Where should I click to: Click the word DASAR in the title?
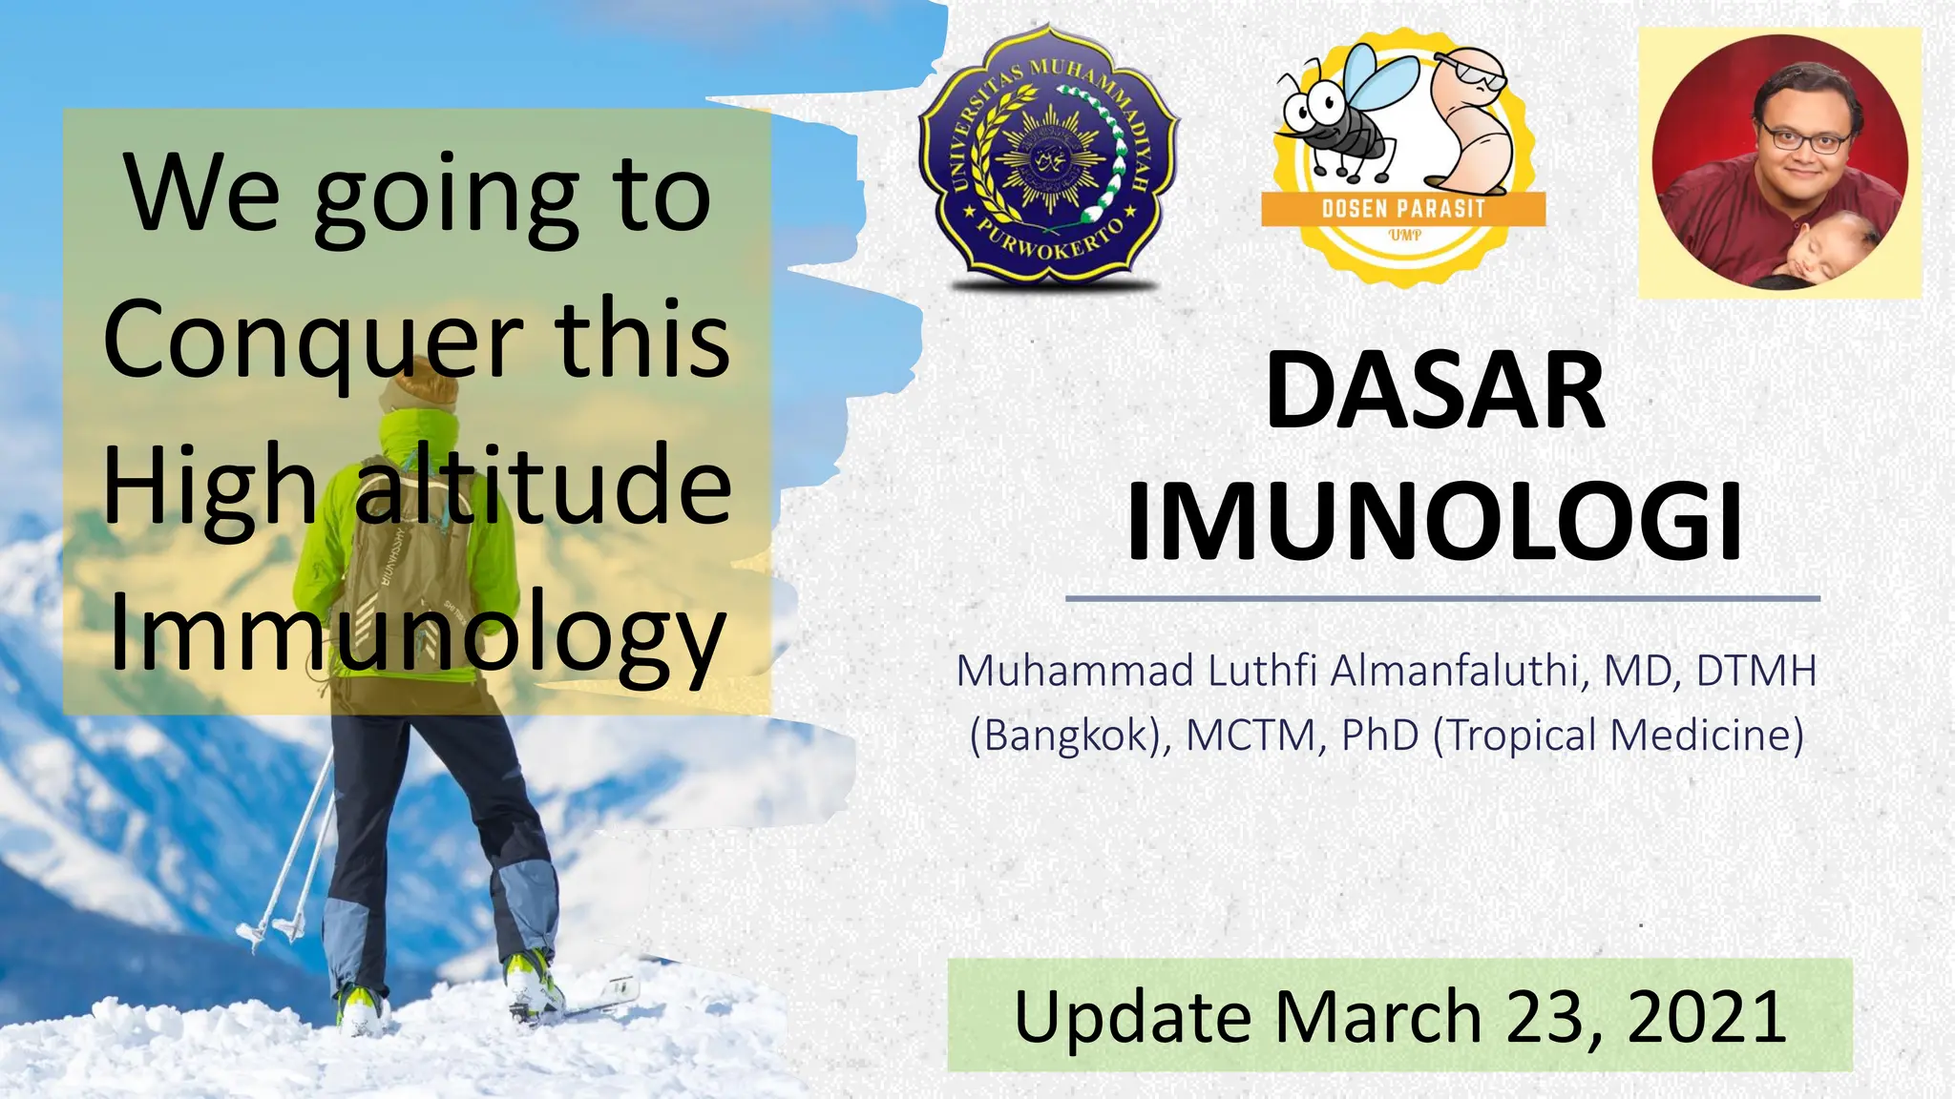click(x=1435, y=392)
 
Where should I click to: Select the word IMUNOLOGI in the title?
click(x=1435, y=524)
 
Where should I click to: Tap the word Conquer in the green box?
click(x=313, y=341)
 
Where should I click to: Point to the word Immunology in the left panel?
click(x=418, y=632)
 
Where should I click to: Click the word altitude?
click(x=543, y=487)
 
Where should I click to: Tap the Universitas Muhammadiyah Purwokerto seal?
click(x=1048, y=157)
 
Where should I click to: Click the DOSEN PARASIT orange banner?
click(x=1402, y=209)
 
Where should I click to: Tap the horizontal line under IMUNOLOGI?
click(x=1441, y=599)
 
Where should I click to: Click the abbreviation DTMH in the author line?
click(x=1755, y=672)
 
